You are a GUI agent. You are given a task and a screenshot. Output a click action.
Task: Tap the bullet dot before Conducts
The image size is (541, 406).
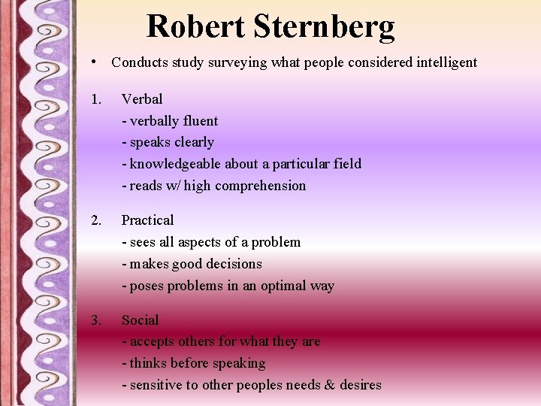pos(91,61)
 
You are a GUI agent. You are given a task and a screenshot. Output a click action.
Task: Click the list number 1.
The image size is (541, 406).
pos(95,99)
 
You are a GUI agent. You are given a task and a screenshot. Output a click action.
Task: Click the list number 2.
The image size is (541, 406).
pos(95,220)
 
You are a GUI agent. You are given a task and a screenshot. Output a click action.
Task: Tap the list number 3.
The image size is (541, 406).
pos(95,320)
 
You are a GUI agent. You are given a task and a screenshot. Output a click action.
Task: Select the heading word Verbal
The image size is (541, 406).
pos(142,99)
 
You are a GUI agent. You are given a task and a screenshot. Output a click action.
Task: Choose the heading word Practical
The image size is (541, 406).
pos(147,220)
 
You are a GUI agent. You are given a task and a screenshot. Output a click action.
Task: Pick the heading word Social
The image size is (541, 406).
pos(140,320)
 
